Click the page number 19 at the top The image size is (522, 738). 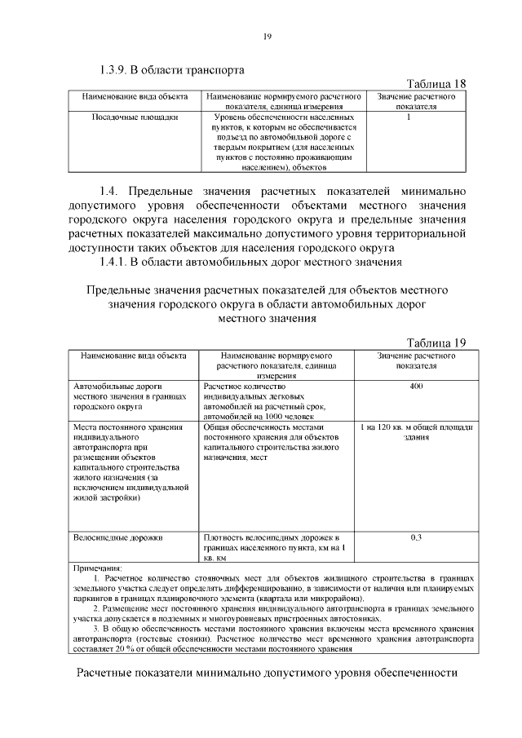pos(266,36)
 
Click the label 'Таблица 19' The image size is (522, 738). pos(436,342)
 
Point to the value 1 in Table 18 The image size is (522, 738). pos(408,117)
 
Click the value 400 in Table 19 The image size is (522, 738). pos(416,385)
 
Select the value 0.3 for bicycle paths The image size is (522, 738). pos(416,537)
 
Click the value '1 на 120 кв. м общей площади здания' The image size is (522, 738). pos(416,431)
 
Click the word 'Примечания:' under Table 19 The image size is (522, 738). pos(97,567)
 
